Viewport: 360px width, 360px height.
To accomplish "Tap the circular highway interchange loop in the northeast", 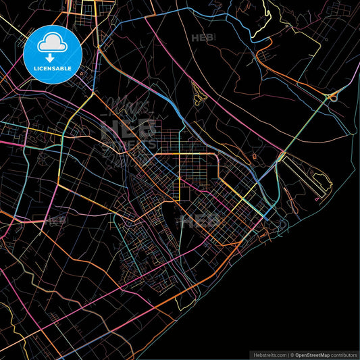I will pos(333,96).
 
